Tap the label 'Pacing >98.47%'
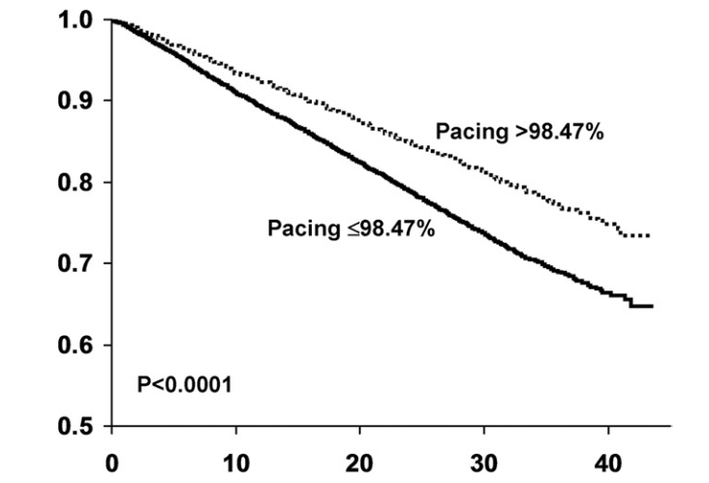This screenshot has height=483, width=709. [x=519, y=133]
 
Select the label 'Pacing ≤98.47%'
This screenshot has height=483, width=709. [x=352, y=230]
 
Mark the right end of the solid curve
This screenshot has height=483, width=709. [x=652, y=306]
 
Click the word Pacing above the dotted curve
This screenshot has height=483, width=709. [x=467, y=133]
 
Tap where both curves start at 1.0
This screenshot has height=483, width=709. [x=113, y=20]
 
